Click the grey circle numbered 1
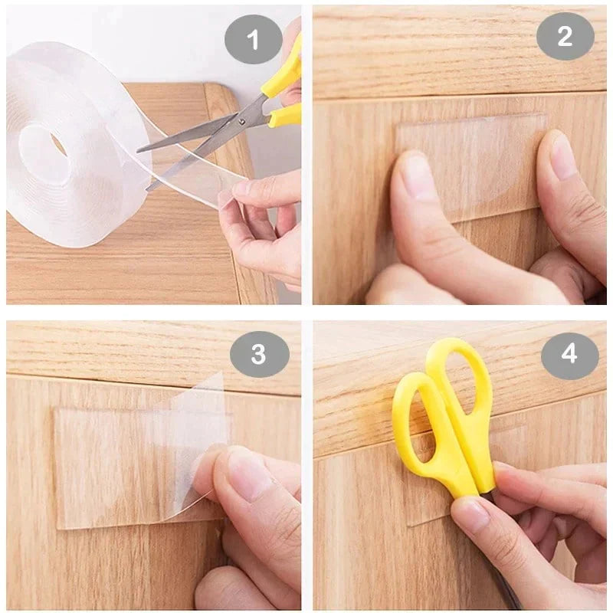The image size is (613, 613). tap(254, 36)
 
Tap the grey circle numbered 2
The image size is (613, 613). tap(565, 36)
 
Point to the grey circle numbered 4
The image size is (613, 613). tap(569, 354)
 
